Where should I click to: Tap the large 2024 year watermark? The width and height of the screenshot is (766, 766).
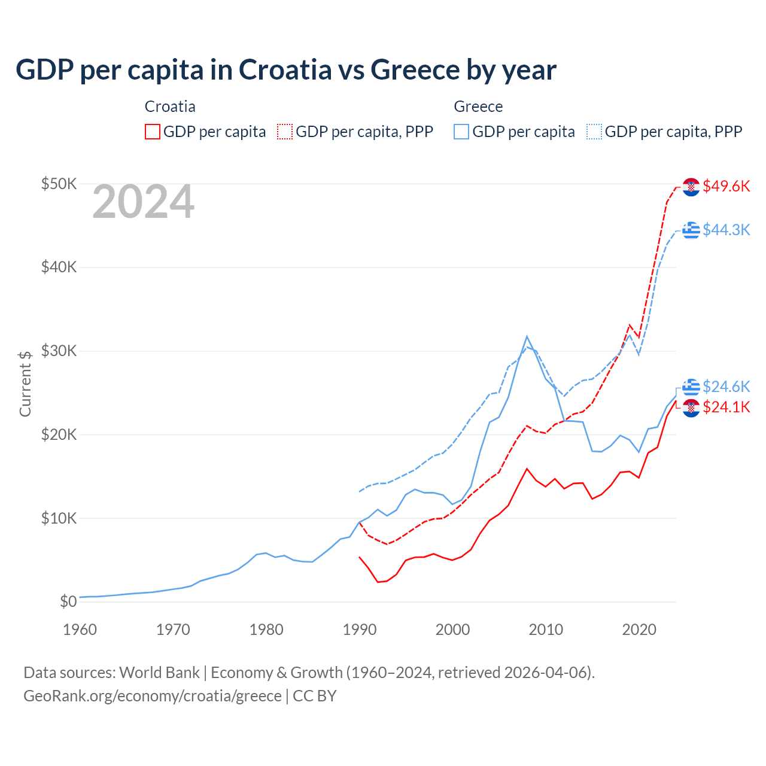pos(143,202)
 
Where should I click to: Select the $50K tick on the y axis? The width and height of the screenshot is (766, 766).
pos(59,184)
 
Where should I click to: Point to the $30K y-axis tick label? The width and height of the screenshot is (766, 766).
pos(59,351)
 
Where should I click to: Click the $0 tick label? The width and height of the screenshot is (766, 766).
pos(68,601)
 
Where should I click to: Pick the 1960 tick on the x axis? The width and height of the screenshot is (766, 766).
pos(80,630)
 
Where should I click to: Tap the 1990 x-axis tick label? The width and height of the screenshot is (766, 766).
pos(360,630)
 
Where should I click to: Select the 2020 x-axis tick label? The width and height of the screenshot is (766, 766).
pos(639,630)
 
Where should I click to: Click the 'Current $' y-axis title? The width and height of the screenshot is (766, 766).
pos(25,384)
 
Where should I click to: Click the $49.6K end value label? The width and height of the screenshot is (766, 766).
pos(726,186)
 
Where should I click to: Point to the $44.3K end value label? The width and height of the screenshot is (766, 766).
pos(726,230)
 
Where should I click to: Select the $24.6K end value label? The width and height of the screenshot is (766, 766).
pos(726,387)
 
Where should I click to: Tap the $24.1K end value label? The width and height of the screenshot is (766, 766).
pos(726,408)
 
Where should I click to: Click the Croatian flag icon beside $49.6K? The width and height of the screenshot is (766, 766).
pos(691,187)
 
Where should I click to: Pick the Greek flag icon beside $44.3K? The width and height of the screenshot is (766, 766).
pos(691,230)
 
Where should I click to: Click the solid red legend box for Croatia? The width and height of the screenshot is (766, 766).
pos(153,132)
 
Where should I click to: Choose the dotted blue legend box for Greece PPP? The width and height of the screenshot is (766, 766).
pos(594,132)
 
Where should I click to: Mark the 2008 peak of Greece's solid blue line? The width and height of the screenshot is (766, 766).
pos(527,336)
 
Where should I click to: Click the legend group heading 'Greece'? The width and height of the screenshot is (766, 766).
pos(478,107)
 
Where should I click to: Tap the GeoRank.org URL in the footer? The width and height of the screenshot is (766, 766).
pos(152,696)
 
